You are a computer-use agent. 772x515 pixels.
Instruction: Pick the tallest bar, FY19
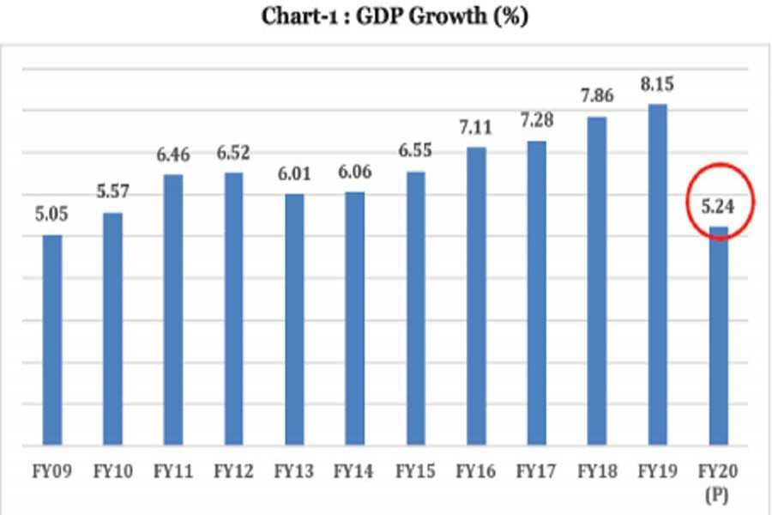tap(657, 275)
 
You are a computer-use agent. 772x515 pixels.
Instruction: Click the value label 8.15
tap(658, 88)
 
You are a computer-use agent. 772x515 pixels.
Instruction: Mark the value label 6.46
tap(173, 155)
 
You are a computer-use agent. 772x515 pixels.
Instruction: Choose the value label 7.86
tap(598, 98)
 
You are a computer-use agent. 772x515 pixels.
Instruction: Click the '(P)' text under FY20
tap(719, 495)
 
